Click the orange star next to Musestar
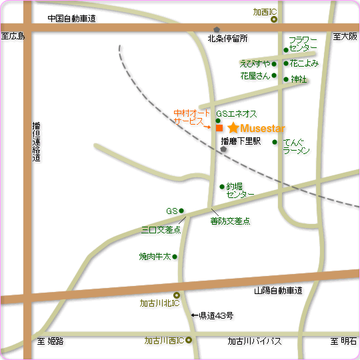233,127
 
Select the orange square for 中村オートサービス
219,128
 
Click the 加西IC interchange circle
274,20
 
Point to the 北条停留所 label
227,38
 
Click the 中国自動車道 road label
72,19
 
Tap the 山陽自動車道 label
278,291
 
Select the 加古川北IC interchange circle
177,295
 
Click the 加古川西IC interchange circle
189,341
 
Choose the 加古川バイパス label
254,341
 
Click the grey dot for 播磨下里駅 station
223,149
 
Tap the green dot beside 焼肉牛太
175,257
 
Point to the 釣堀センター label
240,190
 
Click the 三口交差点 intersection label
161,229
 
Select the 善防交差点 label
230,221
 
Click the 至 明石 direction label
343,341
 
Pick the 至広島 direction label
13,36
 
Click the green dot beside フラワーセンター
286,50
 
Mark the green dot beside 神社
286,79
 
